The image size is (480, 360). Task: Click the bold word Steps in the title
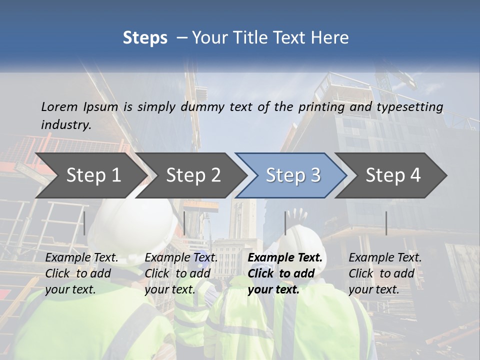[x=145, y=38]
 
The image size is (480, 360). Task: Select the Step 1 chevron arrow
[x=90, y=175]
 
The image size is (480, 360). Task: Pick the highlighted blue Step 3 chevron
[x=292, y=175]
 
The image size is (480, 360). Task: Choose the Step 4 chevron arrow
[x=392, y=175]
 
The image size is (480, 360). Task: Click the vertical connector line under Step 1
[x=84, y=223]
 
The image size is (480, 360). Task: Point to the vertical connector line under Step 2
[x=184, y=223]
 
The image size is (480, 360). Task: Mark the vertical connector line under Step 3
[x=285, y=223]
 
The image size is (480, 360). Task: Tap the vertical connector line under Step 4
[x=386, y=223]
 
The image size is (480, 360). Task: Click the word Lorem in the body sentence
[x=59, y=106]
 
